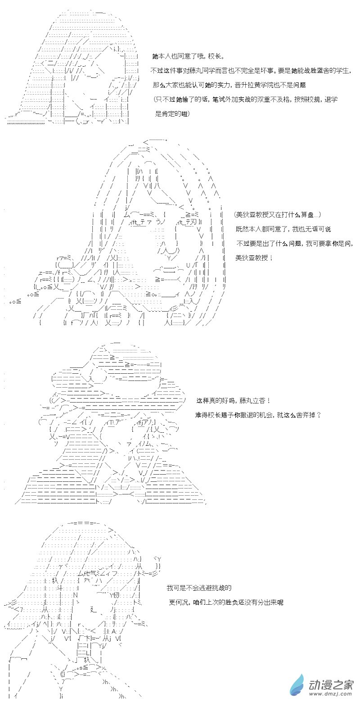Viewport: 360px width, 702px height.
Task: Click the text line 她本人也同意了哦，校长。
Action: coord(188,56)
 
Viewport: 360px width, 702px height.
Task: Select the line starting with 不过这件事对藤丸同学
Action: coord(251,71)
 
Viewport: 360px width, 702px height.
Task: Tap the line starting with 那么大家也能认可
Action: coord(229,85)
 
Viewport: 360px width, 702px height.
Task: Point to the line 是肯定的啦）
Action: coord(172,114)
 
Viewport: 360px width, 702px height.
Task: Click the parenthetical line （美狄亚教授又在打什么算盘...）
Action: coord(277,215)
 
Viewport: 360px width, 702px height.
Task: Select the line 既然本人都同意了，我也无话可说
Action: coord(283,229)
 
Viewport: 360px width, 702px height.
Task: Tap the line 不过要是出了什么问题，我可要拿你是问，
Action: coord(294,244)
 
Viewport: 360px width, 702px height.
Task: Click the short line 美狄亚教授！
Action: coord(254,258)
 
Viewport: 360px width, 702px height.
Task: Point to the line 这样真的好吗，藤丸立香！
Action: coord(234,400)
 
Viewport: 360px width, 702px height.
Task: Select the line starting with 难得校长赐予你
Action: coord(258,415)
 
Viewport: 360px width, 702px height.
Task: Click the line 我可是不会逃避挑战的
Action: coord(199,588)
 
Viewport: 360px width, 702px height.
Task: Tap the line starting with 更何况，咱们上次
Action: coord(226,602)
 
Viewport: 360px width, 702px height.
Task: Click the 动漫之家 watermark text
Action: coord(331,685)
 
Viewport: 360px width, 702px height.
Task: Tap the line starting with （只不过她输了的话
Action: coord(246,100)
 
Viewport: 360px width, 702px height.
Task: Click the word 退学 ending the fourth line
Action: coord(331,100)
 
